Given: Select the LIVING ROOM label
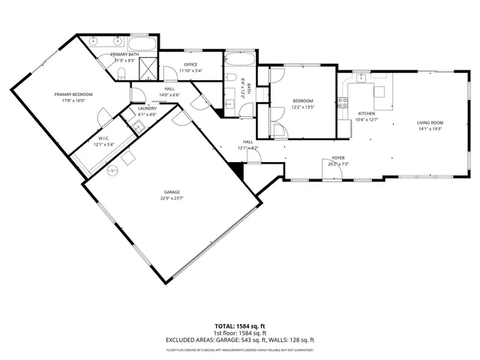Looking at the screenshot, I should pos(430,122).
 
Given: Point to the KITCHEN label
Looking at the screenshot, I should pos(366,112).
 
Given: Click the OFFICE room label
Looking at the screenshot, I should pos(190,65).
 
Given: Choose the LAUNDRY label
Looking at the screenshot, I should pos(147,108).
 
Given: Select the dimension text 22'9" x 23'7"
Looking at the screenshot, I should pos(172,199).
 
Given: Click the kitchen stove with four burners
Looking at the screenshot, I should pos(343,101).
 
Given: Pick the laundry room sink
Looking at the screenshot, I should pos(136,125).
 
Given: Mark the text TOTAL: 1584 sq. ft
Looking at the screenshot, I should pos(239,326).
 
